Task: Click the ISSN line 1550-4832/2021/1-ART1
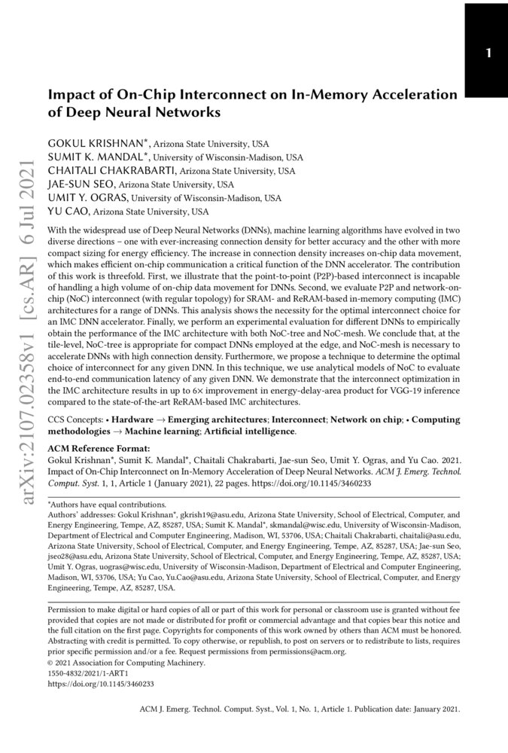(x=88, y=674)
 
